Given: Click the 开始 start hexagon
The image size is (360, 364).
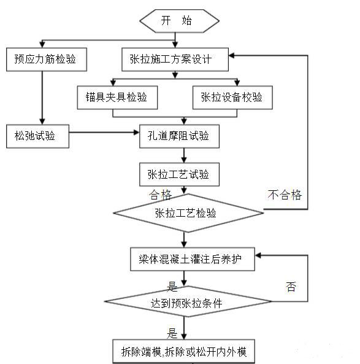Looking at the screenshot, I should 178,21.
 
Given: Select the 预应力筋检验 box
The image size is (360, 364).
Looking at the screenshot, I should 46,60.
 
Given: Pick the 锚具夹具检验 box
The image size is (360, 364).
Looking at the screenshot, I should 117,97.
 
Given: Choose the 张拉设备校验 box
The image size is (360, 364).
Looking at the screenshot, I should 232,97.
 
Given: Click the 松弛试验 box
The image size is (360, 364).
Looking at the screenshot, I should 36,136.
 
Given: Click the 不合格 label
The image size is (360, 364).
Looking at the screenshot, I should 284,195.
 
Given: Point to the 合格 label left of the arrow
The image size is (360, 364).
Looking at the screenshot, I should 161,195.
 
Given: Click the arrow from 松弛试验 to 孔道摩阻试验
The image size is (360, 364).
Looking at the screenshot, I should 104,131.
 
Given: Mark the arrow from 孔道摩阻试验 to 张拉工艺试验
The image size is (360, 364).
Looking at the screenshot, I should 179,155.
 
